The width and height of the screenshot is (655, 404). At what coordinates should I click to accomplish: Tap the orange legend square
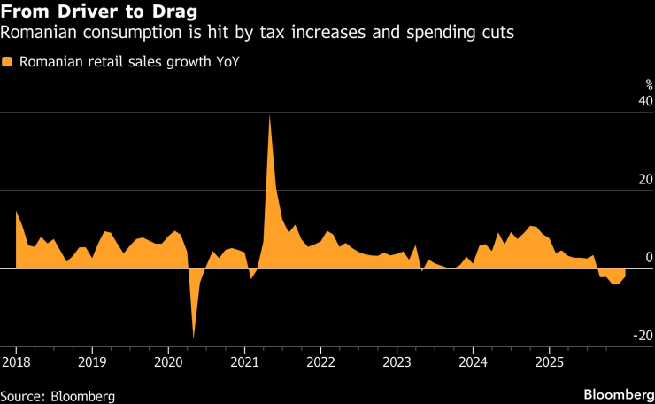tap(7, 62)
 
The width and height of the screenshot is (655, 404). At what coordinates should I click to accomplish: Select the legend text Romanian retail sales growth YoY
tap(128, 63)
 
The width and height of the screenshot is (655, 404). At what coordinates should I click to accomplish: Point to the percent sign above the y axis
tap(648, 85)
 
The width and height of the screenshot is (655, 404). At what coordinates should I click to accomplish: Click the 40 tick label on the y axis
tap(645, 102)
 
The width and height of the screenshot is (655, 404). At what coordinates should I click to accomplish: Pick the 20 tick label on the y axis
tap(645, 180)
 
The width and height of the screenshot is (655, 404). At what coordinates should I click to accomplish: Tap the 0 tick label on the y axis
tap(649, 258)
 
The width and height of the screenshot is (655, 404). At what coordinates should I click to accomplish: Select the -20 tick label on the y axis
tap(643, 336)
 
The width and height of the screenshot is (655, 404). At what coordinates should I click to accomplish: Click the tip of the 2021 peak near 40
tap(269, 116)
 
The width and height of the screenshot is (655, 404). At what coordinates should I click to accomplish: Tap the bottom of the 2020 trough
tap(194, 338)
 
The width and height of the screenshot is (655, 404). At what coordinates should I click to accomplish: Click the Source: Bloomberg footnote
tap(58, 394)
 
